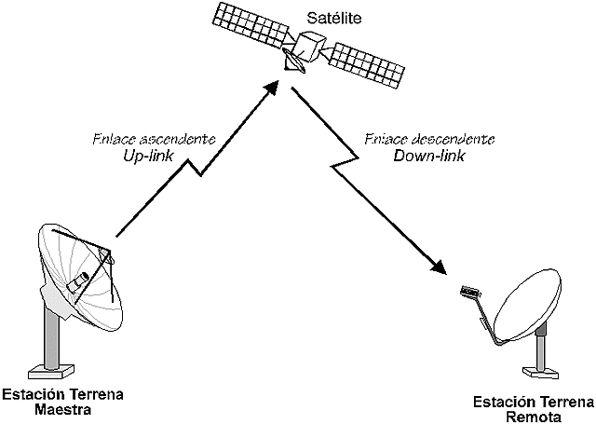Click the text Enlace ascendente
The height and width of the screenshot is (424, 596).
click(155, 140)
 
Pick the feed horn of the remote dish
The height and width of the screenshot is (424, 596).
click(471, 293)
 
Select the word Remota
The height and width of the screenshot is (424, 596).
click(532, 417)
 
